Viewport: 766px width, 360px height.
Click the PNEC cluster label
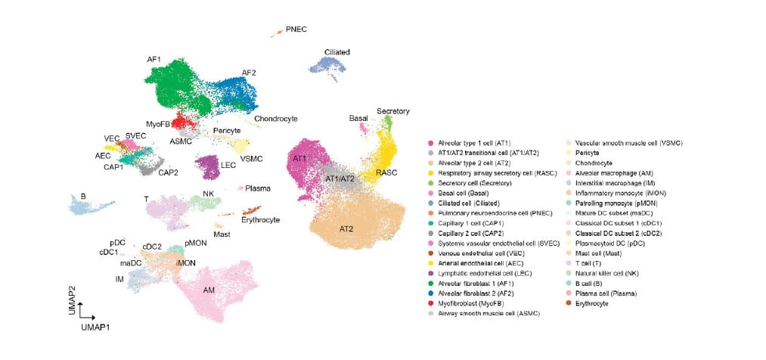(x=296, y=29)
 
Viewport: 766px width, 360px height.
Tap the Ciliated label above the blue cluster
(x=336, y=51)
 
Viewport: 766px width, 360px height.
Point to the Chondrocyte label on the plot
(x=275, y=119)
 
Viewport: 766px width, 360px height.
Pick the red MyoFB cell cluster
(x=181, y=121)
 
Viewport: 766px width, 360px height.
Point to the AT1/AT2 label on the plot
(x=340, y=178)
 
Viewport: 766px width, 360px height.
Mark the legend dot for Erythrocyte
(x=569, y=303)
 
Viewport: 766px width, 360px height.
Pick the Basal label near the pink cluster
(x=358, y=119)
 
